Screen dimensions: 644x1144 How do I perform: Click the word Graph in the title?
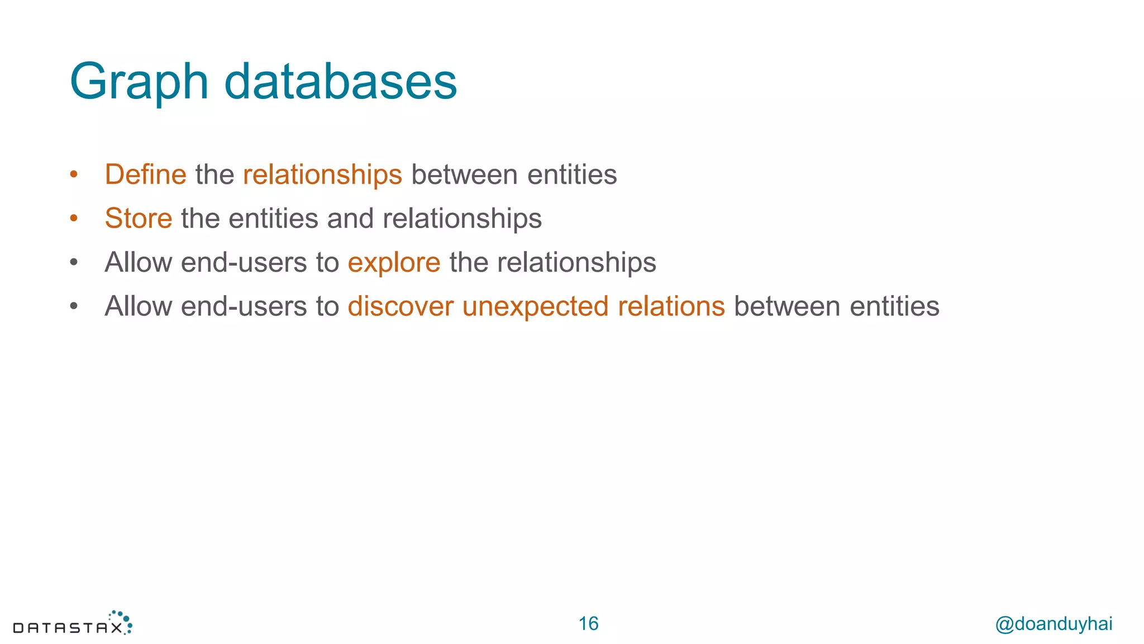pos(139,83)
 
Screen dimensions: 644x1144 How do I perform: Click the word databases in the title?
pos(340,82)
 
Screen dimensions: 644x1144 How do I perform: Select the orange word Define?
pos(145,174)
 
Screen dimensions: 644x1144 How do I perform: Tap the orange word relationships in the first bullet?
pos(322,174)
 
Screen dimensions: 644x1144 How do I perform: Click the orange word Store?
pos(139,218)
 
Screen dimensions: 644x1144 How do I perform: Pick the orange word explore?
pos(394,263)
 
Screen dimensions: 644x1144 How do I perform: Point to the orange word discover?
pos(401,306)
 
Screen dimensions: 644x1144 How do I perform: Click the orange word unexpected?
pos(535,306)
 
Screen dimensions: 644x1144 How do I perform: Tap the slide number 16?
pos(588,624)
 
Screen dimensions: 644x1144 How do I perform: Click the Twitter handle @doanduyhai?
pos(1054,624)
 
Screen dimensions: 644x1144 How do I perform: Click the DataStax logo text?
pos(67,628)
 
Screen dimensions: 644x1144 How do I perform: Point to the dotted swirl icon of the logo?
pos(122,621)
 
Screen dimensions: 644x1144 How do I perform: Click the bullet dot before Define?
pos(74,175)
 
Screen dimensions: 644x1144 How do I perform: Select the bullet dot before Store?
pos(74,219)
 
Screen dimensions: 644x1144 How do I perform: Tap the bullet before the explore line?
pos(74,262)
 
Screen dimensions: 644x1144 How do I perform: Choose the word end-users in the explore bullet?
pos(244,263)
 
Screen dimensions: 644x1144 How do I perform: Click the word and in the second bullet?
pos(350,218)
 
